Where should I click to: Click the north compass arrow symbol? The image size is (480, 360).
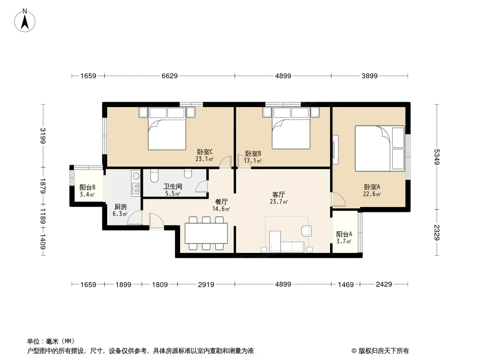[x=25, y=21]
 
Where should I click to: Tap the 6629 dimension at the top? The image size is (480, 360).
[x=170, y=76]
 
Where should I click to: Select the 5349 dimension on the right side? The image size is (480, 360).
[x=437, y=157]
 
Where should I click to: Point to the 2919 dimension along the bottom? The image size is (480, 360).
[x=206, y=284]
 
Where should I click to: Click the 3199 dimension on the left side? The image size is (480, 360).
[x=43, y=135]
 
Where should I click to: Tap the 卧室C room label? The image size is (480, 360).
[x=204, y=152]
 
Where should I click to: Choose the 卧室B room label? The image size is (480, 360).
[x=253, y=153]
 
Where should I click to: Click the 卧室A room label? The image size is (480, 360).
[x=372, y=187]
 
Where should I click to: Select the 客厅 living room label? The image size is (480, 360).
[x=279, y=194]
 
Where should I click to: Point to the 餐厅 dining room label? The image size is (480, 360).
[x=222, y=202]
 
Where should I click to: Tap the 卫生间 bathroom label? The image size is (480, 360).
[x=172, y=186]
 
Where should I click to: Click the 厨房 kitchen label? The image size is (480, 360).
[x=120, y=207]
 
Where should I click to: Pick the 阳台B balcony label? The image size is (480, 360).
[x=87, y=188]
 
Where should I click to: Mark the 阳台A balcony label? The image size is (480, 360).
[x=344, y=234]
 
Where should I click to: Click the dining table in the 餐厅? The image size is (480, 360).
[x=206, y=233]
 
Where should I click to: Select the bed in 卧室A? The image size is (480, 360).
[x=380, y=148]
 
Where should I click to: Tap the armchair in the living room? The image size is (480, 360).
[x=306, y=230]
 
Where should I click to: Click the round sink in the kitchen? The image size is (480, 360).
[x=136, y=175]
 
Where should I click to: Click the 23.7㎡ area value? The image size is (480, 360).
[x=279, y=202]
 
